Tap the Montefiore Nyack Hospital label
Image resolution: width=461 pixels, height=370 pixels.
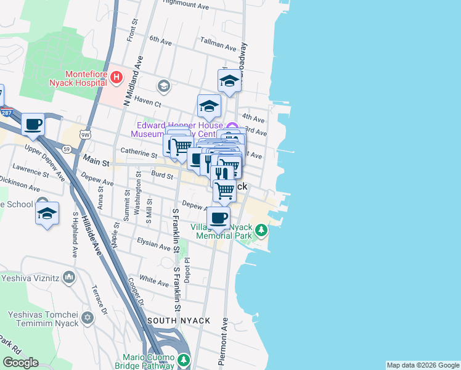[x=78, y=78]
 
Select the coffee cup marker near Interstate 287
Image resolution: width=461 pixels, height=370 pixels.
[x=33, y=125]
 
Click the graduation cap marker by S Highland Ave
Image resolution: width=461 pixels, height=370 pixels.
[x=47, y=213]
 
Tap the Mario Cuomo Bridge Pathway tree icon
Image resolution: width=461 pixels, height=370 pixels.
[x=183, y=360]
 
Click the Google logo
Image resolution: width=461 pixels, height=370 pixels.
[x=20, y=363]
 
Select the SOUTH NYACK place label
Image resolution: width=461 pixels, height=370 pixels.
[x=178, y=321]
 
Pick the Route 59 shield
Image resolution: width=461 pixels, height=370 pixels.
[x=66, y=148]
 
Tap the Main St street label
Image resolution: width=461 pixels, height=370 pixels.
[x=96, y=163]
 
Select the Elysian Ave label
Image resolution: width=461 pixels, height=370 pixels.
[x=153, y=247]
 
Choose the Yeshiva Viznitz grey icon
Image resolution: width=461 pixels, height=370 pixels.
[x=68, y=277]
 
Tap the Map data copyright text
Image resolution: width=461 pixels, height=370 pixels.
[x=422, y=365]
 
